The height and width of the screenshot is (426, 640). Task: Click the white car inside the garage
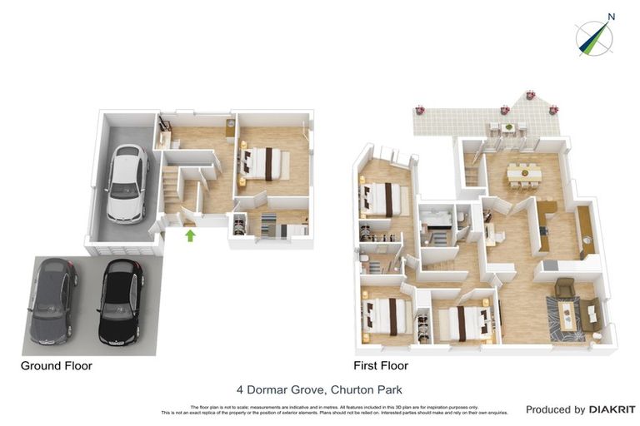coord(125,184)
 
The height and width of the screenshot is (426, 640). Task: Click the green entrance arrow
coord(190,235)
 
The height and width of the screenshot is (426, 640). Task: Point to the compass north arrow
coord(595,37)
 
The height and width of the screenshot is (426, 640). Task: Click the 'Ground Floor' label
coord(56,365)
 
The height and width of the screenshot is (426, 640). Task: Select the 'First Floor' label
coord(381,365)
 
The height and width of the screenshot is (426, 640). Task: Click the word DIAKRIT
coord(612,409)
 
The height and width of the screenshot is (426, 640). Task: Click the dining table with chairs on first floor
coord(524,174)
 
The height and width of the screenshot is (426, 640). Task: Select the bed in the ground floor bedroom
coord(265,163)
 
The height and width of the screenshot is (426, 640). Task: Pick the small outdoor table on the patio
coord(507,128)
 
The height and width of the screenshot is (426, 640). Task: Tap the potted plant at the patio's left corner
coord(419,110)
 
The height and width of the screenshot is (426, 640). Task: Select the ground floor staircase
coord(171,190)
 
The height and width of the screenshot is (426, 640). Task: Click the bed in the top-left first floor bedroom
coord(382,199)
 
